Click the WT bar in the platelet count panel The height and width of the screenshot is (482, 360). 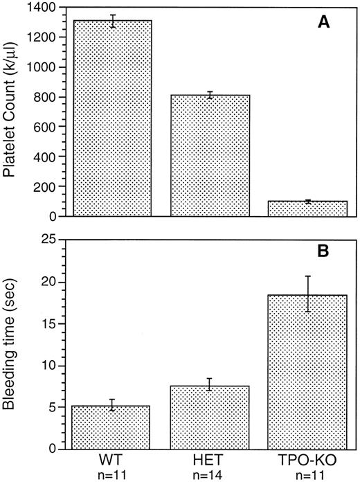coord(111,118)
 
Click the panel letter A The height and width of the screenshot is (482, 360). coord(323,23)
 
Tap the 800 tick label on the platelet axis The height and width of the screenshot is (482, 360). coord(44,97)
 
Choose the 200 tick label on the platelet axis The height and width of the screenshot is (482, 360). coord(44,187)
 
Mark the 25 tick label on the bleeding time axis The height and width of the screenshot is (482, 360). coord(48,240)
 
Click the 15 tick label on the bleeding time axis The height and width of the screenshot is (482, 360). coord(48,323)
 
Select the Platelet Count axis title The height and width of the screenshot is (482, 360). coord(12,111)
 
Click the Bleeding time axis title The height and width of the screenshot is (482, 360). coord(12,344)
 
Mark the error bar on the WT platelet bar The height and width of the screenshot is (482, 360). coord(111,21)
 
